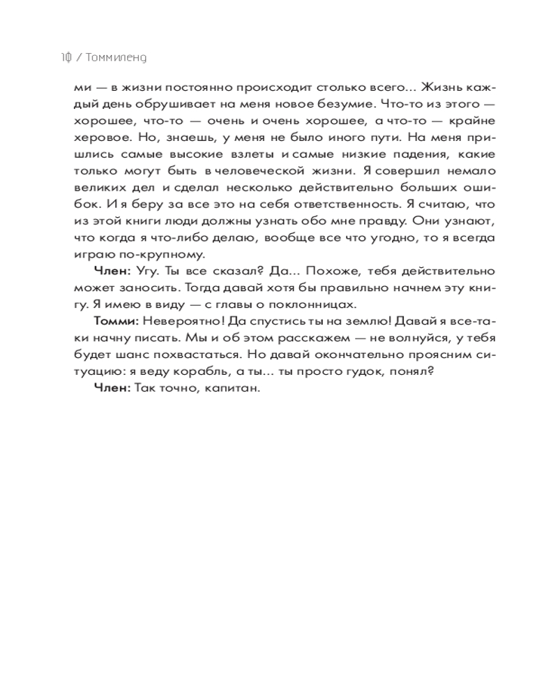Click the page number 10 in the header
point(66,58)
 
